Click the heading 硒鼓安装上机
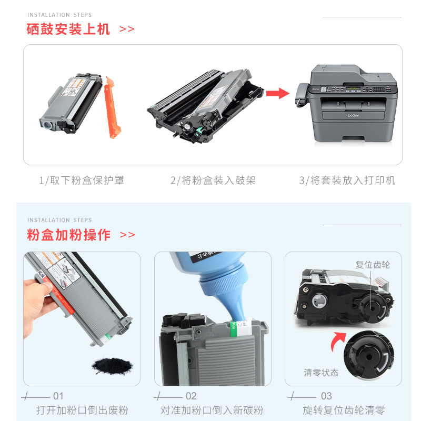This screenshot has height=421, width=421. (x=68, y=29)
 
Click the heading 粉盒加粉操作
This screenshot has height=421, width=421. (x=69, y=234)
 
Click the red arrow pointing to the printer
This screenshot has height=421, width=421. (x=277, y=94)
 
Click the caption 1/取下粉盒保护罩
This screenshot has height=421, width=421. (x=82, y=181)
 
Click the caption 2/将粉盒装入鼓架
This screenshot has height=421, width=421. (x=213, y=181)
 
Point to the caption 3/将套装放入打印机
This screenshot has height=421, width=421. (x=347, y=181)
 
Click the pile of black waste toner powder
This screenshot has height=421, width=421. (x=112, y=364)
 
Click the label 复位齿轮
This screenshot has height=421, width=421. (x=373, y=265)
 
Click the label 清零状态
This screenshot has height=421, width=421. (x=321, y=373)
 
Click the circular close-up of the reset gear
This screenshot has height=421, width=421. (x=368, y=357)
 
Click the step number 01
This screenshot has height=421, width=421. (x=58, y=396)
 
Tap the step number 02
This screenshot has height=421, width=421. (x=191, y=396)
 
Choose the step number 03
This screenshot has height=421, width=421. (x=326, y=396)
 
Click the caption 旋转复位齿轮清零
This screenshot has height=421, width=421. (x=344, y=410)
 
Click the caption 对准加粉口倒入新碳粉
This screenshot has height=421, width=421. (x=212, y=410)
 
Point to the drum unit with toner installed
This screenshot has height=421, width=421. (x=205, y=105)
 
